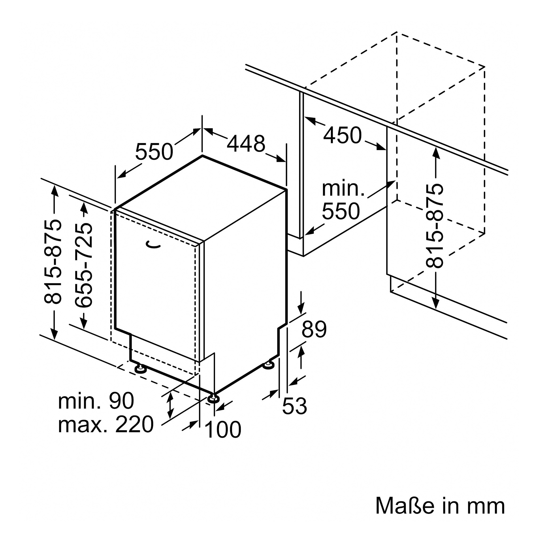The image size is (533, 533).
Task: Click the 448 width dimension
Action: coord(246,144)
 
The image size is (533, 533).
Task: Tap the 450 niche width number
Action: coord(342,135)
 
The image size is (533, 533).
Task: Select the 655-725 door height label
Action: coord(84,265)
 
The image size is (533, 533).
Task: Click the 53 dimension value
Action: coord(295,406)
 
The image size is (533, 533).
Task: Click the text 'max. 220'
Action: coord(106,425)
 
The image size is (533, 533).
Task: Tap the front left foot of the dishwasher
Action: coord(140,369)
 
